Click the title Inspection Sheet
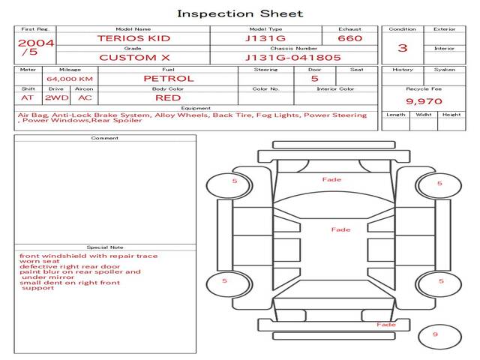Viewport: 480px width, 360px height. tap(240, 13)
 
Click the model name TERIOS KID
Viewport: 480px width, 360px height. tap(133, 38)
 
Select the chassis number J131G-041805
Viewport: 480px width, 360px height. tap(293, 57)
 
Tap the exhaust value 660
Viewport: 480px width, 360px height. tap(349, 38)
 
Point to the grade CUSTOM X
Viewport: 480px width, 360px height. tap(133, 57)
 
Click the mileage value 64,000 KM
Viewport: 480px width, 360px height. tap(70, 79)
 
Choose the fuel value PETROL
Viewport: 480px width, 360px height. tap(168, 78)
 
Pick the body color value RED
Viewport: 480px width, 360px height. tap(168, 97)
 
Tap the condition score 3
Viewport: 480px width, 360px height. tap(403, 48)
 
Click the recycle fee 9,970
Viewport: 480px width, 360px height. tap(424, 101)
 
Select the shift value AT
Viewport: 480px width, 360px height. tap(28, 97)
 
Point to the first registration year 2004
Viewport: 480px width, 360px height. tap(35, 43)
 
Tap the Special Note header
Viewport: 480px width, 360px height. tap(105, 247)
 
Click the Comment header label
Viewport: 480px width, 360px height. tap(105, 138)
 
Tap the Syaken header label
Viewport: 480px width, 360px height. tap(445, 70)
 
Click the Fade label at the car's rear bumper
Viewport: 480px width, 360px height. tap(386, 325)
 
